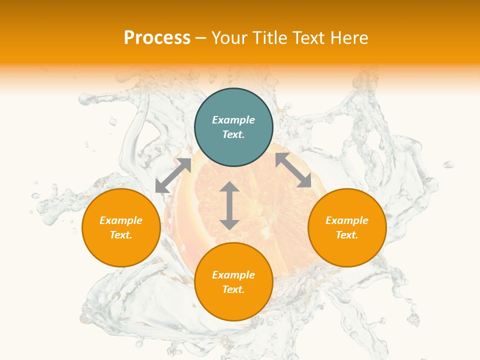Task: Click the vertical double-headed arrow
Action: (229, 206)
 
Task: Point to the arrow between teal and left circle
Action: (173, 175)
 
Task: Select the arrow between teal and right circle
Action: (293, 170)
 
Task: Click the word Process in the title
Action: (157, 37)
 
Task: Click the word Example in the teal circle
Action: (233, 120)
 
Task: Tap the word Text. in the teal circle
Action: (233, 134)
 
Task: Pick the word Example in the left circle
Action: (121, 220)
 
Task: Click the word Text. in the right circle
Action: (347, 235)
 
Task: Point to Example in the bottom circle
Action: (233, 275)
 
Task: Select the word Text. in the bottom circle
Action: (233, 289)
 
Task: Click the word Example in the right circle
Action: (347, 220)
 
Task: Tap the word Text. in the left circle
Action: (121, 235)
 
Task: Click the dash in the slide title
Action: (201, 38)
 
